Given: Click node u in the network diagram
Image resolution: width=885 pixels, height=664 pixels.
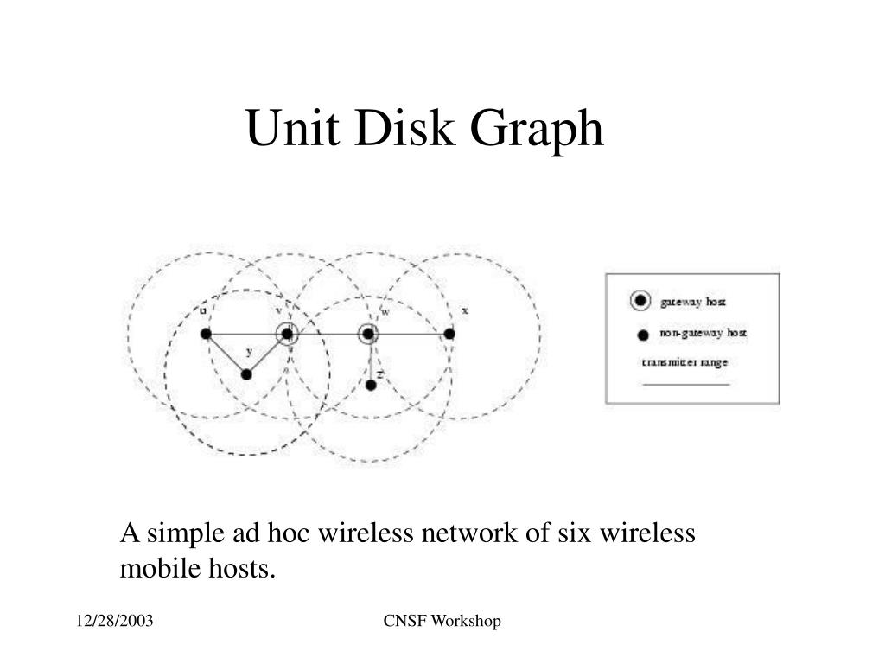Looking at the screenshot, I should click(x=206, y=334).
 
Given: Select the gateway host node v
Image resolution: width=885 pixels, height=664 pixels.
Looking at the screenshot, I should click(x=287, y=334).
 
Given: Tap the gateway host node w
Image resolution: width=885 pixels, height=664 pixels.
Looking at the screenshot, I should click(x=369, y=334).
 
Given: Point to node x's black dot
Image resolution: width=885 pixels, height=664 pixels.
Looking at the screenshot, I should click(x=449, y=334).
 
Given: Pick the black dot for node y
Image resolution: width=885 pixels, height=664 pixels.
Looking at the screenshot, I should click(x=246, y=374).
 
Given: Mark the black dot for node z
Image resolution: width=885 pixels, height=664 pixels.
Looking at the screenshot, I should click(x=371, y=385).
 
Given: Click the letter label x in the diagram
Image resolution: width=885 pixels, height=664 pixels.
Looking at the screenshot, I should click(x=465, y=310).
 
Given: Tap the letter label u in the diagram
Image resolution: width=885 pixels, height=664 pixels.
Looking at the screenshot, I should click(x=203, y=310).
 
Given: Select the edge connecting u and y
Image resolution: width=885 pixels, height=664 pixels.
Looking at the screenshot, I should click(x=226, y=354).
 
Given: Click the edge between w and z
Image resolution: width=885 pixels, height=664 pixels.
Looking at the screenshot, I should click(x=370, y=359).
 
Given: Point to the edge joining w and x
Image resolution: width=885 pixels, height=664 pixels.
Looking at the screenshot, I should click(x=410, y=334).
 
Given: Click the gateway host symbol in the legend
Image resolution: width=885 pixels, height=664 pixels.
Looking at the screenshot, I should click(x=640, y=301).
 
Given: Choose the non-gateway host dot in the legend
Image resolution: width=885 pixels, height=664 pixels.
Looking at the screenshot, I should click(x=642, y=335).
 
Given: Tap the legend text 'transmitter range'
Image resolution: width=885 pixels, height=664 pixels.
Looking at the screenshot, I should click(x=684, y=363).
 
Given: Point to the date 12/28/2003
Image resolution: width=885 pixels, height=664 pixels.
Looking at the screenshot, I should click(x=114, y=622).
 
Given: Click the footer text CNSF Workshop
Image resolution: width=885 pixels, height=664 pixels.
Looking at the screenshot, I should click(x=442, y=622).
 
